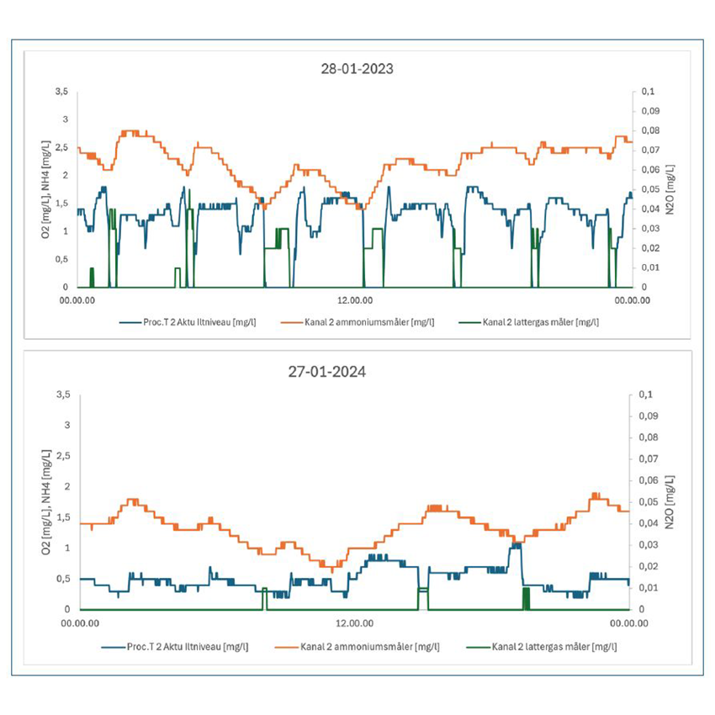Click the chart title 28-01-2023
tap(357, 69)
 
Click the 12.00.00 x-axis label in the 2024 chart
tap(353, 623)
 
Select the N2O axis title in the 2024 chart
tap(670, 501)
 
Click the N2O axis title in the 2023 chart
tap(670, 189)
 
